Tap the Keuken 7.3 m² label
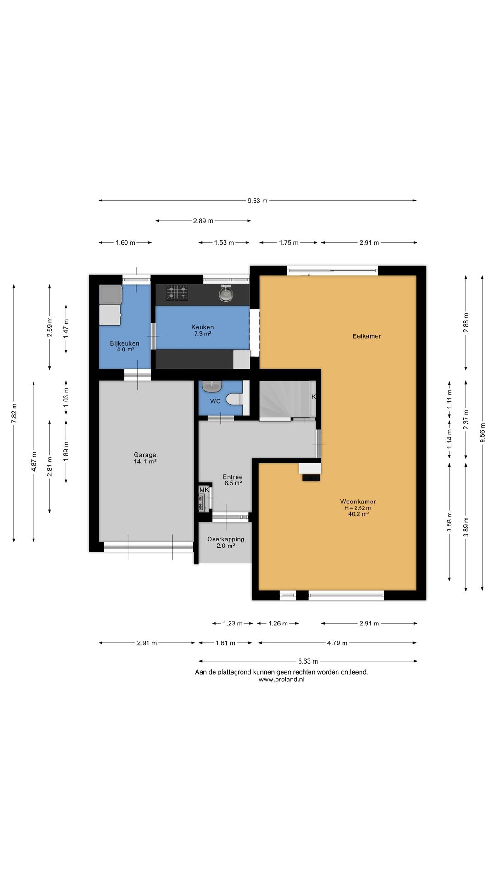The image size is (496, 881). [x=203, y=330]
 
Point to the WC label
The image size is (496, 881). [x=215, y=401]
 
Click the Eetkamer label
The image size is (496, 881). [x=366, y=336]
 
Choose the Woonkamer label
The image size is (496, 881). [x=358, y=502]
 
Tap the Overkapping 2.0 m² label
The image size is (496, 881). [x=225, y=542]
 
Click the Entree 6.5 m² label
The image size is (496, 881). [x=232, y=480]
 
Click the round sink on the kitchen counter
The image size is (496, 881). [x=225, y=293]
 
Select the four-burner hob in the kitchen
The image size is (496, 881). [x=177, y=293]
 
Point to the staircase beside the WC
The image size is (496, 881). [x=285, y=399]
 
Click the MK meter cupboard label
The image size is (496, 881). [x=204, y=490]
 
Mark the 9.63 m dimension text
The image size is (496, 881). [x=257, y=201]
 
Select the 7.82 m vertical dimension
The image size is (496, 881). [x=14, y=413]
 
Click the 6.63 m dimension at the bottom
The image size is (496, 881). [x=308, y=661]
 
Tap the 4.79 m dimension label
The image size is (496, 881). [x=337, y=643]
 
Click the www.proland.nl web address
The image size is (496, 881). [x=282, y=680]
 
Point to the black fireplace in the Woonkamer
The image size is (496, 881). [x=311, y=478]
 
